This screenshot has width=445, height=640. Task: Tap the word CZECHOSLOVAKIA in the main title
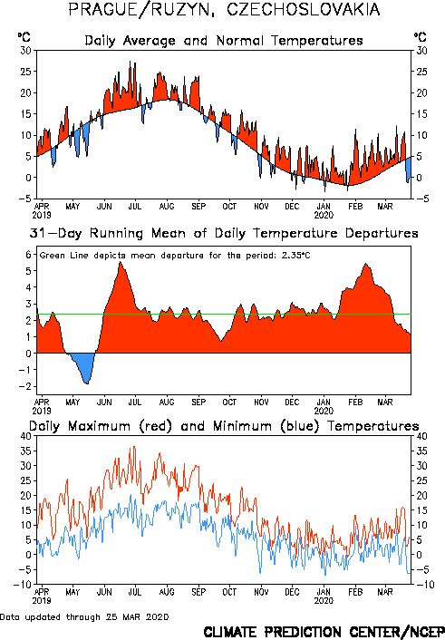(303, 9)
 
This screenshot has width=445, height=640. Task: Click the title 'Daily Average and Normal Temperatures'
(224, 41)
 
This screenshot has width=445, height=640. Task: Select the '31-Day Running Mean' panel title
(224, 233)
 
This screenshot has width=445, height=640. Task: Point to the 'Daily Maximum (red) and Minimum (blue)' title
(224, 426)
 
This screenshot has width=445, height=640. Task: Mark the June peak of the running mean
(120, 262)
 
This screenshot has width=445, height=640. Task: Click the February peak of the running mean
(366, 264)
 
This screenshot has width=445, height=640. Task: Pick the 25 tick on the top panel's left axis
(25, 72)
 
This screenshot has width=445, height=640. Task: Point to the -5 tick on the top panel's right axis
(421, 199)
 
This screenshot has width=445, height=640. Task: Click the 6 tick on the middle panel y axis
(28, 255)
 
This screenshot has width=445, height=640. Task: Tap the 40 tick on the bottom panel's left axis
(25, 436)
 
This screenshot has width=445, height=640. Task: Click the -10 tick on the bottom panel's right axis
(422, 585)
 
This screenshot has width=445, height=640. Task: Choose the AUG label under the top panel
(167, 207)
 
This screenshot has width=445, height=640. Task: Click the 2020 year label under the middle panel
(324, 411)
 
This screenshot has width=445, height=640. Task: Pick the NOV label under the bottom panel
(261, 592)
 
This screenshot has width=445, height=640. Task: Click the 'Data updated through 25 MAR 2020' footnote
(84, 616)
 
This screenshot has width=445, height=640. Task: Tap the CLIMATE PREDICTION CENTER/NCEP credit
(324, 632)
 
